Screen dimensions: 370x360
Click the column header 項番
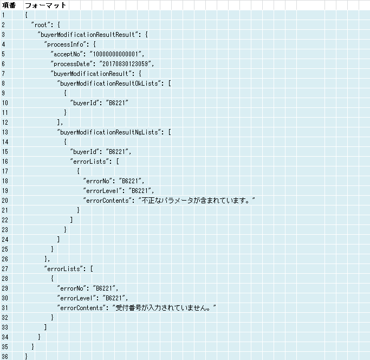click(x=9, y=5)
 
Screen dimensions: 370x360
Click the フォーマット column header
click(x=46, y=5)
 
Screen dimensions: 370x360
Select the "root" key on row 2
click(x=41, y=25)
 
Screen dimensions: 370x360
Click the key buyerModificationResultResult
click(x=88, y=35)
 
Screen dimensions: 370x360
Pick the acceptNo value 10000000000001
click(x=115, y=54)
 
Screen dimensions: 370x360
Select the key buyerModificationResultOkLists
click(x=109, y=83)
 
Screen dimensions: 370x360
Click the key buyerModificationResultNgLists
click(x=109, y=132)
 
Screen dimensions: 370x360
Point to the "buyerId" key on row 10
click(x=85, y=103)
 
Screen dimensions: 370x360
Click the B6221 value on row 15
click(x=117, y=152)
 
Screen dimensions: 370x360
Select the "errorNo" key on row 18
click(x=98, y=181)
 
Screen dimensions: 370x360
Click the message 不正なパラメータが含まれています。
click(x=197, y=201)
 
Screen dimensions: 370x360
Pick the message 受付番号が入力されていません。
click(x=164, y=308)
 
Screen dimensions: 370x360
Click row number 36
click(x=5, y=356)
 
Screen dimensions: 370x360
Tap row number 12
click(x=5, y=123)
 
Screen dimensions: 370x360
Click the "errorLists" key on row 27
click(x=65, y=269)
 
